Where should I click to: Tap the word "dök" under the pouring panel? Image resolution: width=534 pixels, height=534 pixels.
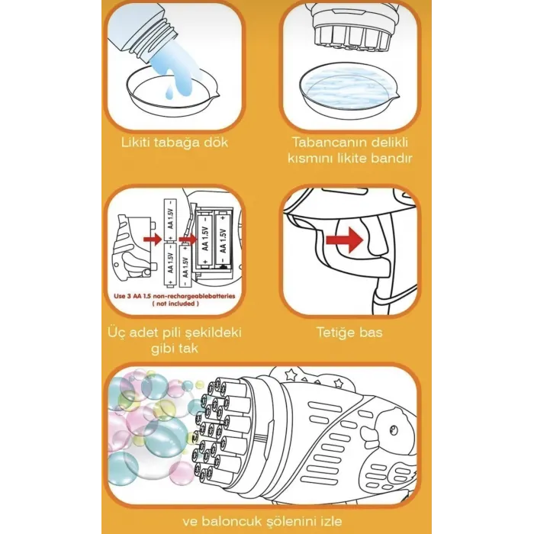(216, 142)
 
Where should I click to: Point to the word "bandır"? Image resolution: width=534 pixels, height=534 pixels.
(391, 159)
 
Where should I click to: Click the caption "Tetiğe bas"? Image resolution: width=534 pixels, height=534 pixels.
(349, 332)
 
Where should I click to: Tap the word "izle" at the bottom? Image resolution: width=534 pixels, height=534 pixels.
(332, 521)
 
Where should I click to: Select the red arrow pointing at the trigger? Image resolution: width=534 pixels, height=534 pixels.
(345, 240)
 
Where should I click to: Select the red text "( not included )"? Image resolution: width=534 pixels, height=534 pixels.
(175, 304)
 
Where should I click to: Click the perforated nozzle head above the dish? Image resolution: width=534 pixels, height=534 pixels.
(352, 32)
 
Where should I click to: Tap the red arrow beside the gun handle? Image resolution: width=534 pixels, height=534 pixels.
(153, 240)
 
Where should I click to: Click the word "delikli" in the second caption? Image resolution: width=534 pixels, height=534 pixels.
(389, 142)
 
